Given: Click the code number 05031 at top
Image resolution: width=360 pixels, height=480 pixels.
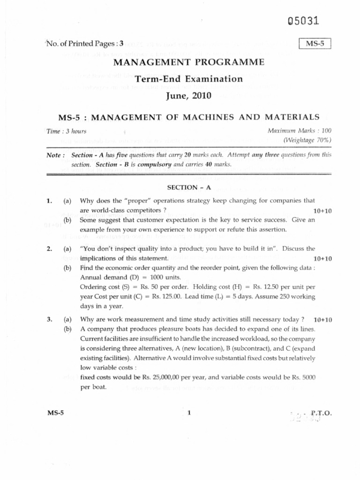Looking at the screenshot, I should [304, 21].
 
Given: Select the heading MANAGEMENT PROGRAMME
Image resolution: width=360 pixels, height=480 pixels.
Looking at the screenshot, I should [189, 62].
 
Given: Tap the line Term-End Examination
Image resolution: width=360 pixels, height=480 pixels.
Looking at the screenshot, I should [189, 79].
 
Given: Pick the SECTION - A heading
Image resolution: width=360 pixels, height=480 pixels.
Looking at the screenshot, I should [189, 187].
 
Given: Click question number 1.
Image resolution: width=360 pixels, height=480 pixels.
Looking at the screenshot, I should [49, 201].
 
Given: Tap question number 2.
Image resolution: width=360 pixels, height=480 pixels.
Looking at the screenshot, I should [49, 248].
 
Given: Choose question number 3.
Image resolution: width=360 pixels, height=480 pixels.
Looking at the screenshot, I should [49, 319].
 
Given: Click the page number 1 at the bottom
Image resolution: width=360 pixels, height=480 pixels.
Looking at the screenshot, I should [189, 413].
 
